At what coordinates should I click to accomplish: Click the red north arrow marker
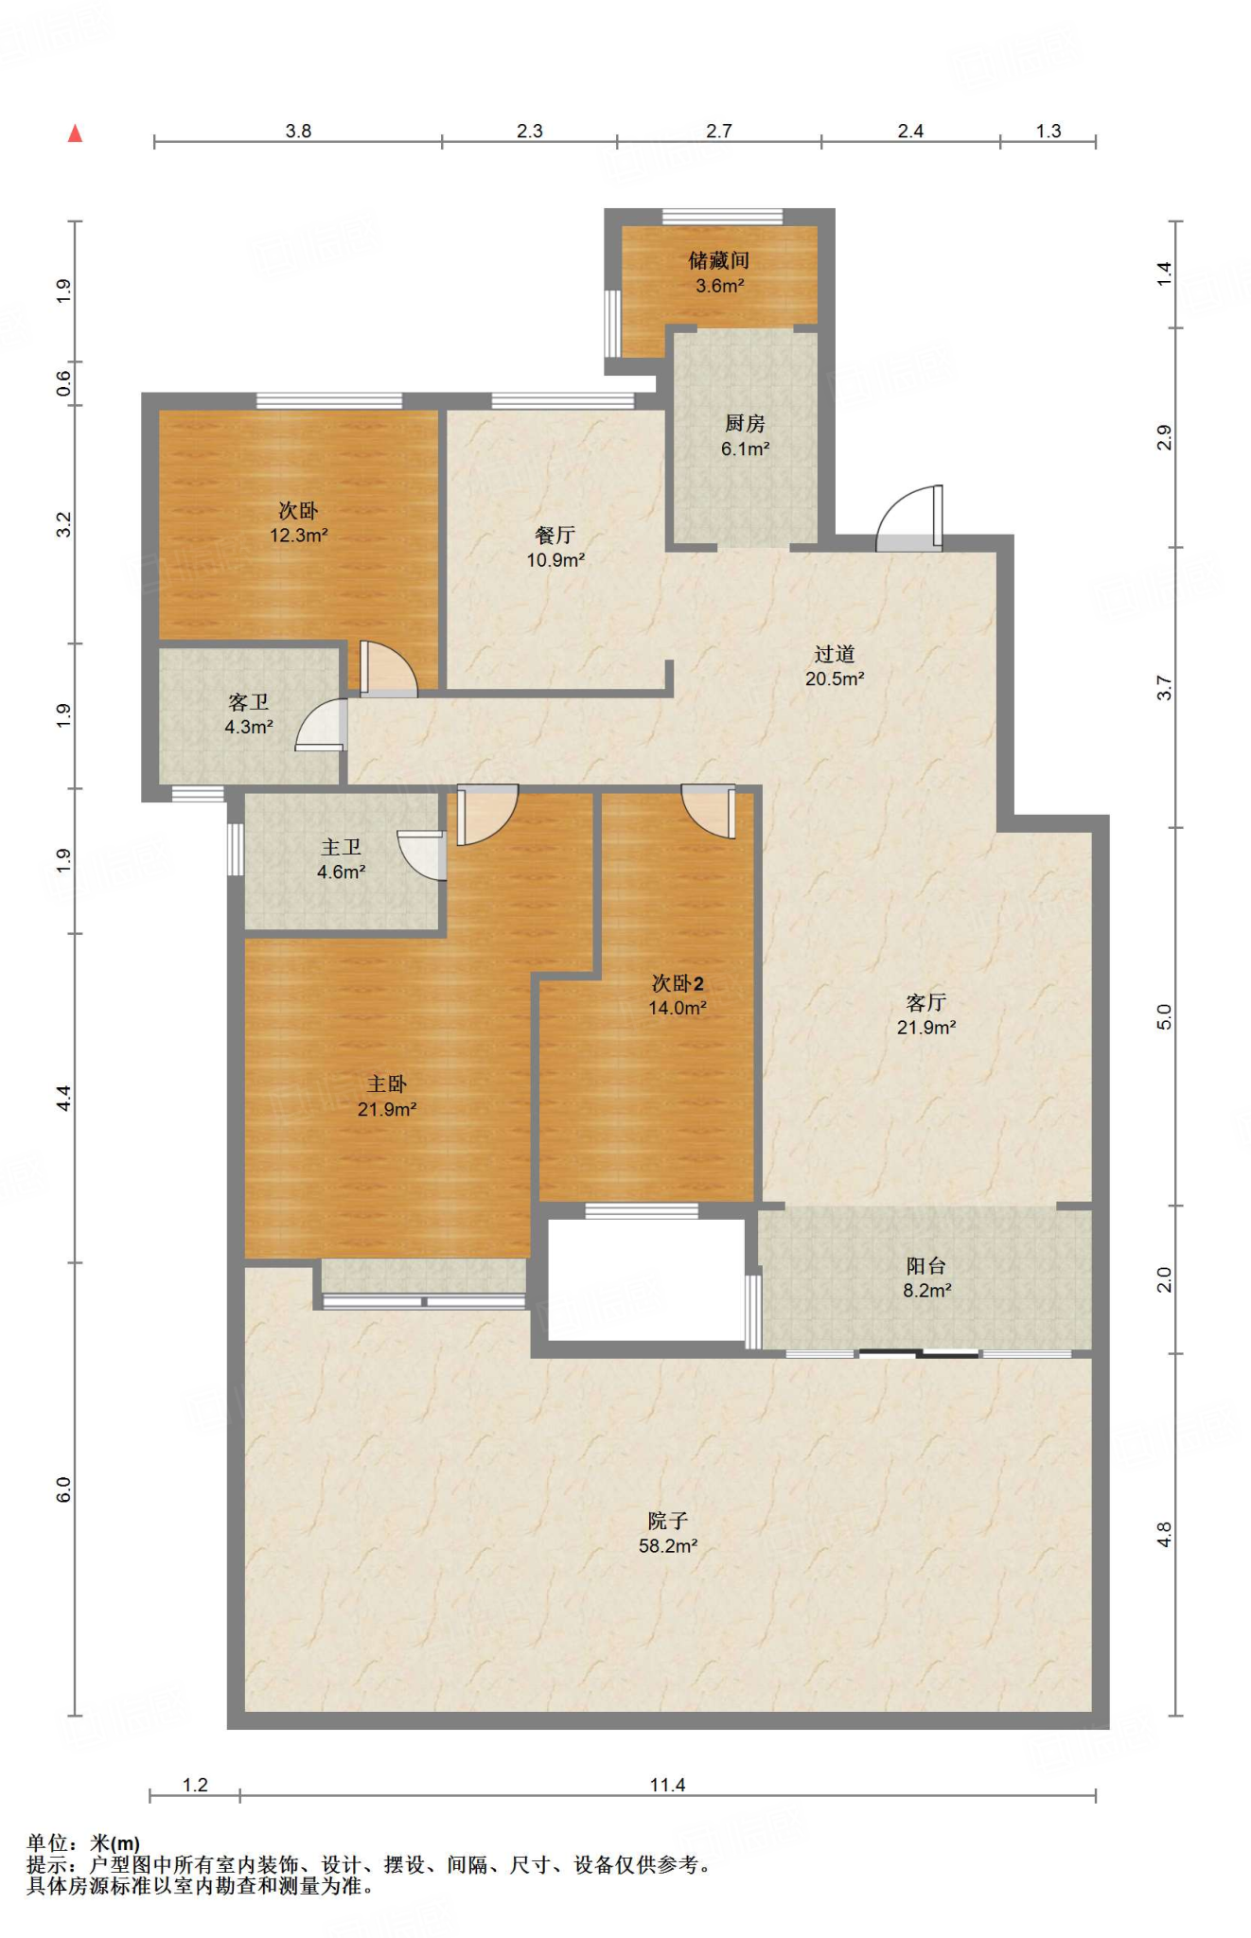[x=75, y=133]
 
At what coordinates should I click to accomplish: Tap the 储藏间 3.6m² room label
[x=719, y=273]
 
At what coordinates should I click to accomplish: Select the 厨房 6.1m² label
[x=745, y=436]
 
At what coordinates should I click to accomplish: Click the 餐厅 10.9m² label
[x=555, y=547]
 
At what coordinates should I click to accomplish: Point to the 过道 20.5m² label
[x=834, y=665]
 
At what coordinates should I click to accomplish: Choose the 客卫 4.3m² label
[x=248, y=714]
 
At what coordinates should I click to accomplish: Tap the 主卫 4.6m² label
[x=341, y=858]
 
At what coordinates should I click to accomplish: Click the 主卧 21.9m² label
[x=387, y=1096]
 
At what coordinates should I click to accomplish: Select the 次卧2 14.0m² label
[x=677, y=995]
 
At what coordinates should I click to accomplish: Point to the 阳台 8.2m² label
[x=925, y=1277]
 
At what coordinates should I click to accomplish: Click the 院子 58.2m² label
[x=667, y=1533]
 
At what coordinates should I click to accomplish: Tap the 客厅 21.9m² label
[x=925, y=1014]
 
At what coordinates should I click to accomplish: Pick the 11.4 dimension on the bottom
[x=667, y=1785]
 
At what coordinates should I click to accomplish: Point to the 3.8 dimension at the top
[x=298, y=131]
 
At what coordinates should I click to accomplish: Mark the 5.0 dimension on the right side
[x=1164, y=1016]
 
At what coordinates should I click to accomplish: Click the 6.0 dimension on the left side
[x=63, y=1489]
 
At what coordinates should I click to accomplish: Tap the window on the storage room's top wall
[x=722, y=217]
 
